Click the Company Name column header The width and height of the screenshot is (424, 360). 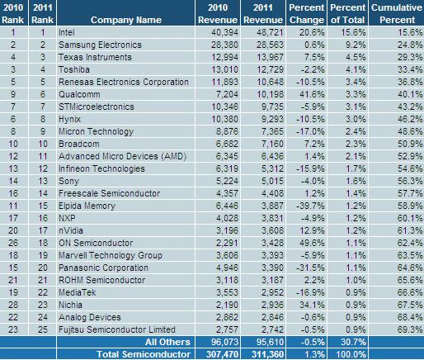click(126, 20)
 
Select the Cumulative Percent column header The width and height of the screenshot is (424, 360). click(397, 13)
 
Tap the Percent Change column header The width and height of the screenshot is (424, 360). click(307, 13)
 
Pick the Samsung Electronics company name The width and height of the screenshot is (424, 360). click(100, 45)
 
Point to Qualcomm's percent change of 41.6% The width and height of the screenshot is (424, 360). click(312, 94)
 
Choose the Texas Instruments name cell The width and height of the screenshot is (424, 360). click(95, 57)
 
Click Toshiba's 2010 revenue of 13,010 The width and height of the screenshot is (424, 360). click(224, 69)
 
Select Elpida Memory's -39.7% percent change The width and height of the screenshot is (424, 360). click(311, 206)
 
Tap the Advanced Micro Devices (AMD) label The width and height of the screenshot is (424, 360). click(123, 156)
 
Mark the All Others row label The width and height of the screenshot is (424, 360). click(167, 342)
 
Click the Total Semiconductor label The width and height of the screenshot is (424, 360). click(144, 354)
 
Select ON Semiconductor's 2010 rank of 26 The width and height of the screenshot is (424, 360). click(13, 243)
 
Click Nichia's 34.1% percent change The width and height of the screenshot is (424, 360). click(312, 305)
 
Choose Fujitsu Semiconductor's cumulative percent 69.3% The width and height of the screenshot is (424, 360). click(410, 329)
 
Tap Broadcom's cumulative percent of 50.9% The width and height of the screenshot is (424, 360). click(410, 144)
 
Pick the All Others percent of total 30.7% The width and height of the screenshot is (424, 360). click(353, 342)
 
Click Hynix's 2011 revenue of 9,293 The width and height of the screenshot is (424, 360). click(272, 119)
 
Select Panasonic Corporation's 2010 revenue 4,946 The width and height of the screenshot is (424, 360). click(227, 268)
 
